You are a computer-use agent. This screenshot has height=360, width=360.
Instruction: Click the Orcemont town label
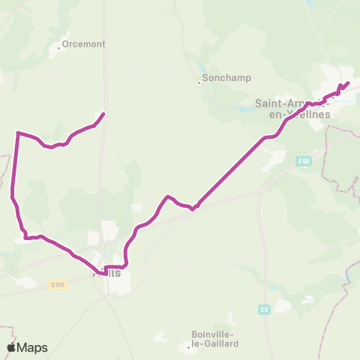(83, 43)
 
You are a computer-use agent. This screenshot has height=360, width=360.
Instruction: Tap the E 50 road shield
(303, 160)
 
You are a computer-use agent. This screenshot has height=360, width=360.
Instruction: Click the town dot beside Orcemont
(59, 49)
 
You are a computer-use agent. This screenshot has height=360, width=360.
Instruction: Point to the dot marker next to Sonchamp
(199, 82)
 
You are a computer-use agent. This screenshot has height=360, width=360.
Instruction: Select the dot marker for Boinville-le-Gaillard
(187, 347)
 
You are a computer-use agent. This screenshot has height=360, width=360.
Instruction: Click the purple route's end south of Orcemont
(103, 114)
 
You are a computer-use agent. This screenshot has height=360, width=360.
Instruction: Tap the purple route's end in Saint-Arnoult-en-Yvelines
(348, 83)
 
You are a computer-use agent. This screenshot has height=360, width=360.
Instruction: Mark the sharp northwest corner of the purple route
(17, 133)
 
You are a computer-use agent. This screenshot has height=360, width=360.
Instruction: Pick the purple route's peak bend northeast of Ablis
(168, 196)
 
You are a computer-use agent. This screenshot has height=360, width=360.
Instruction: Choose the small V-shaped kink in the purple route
(193, 209)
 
